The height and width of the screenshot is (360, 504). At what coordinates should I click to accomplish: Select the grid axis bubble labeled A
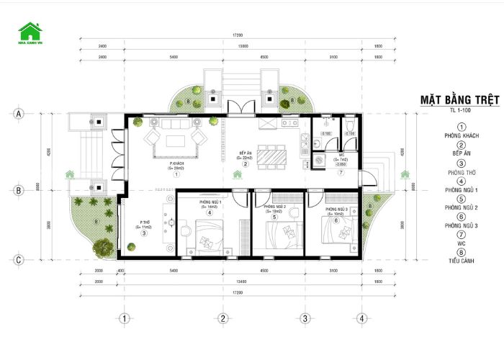pos(19,114)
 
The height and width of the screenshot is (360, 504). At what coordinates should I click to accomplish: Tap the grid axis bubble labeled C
pos(19,259)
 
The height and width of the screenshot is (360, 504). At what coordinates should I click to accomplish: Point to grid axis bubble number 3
pos(305,318)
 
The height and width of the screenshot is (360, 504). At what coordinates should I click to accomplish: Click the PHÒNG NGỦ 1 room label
pos(210,203)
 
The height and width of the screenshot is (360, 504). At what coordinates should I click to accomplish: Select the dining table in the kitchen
pos(272,156)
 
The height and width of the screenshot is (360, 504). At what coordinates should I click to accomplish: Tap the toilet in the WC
pos(348,127)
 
